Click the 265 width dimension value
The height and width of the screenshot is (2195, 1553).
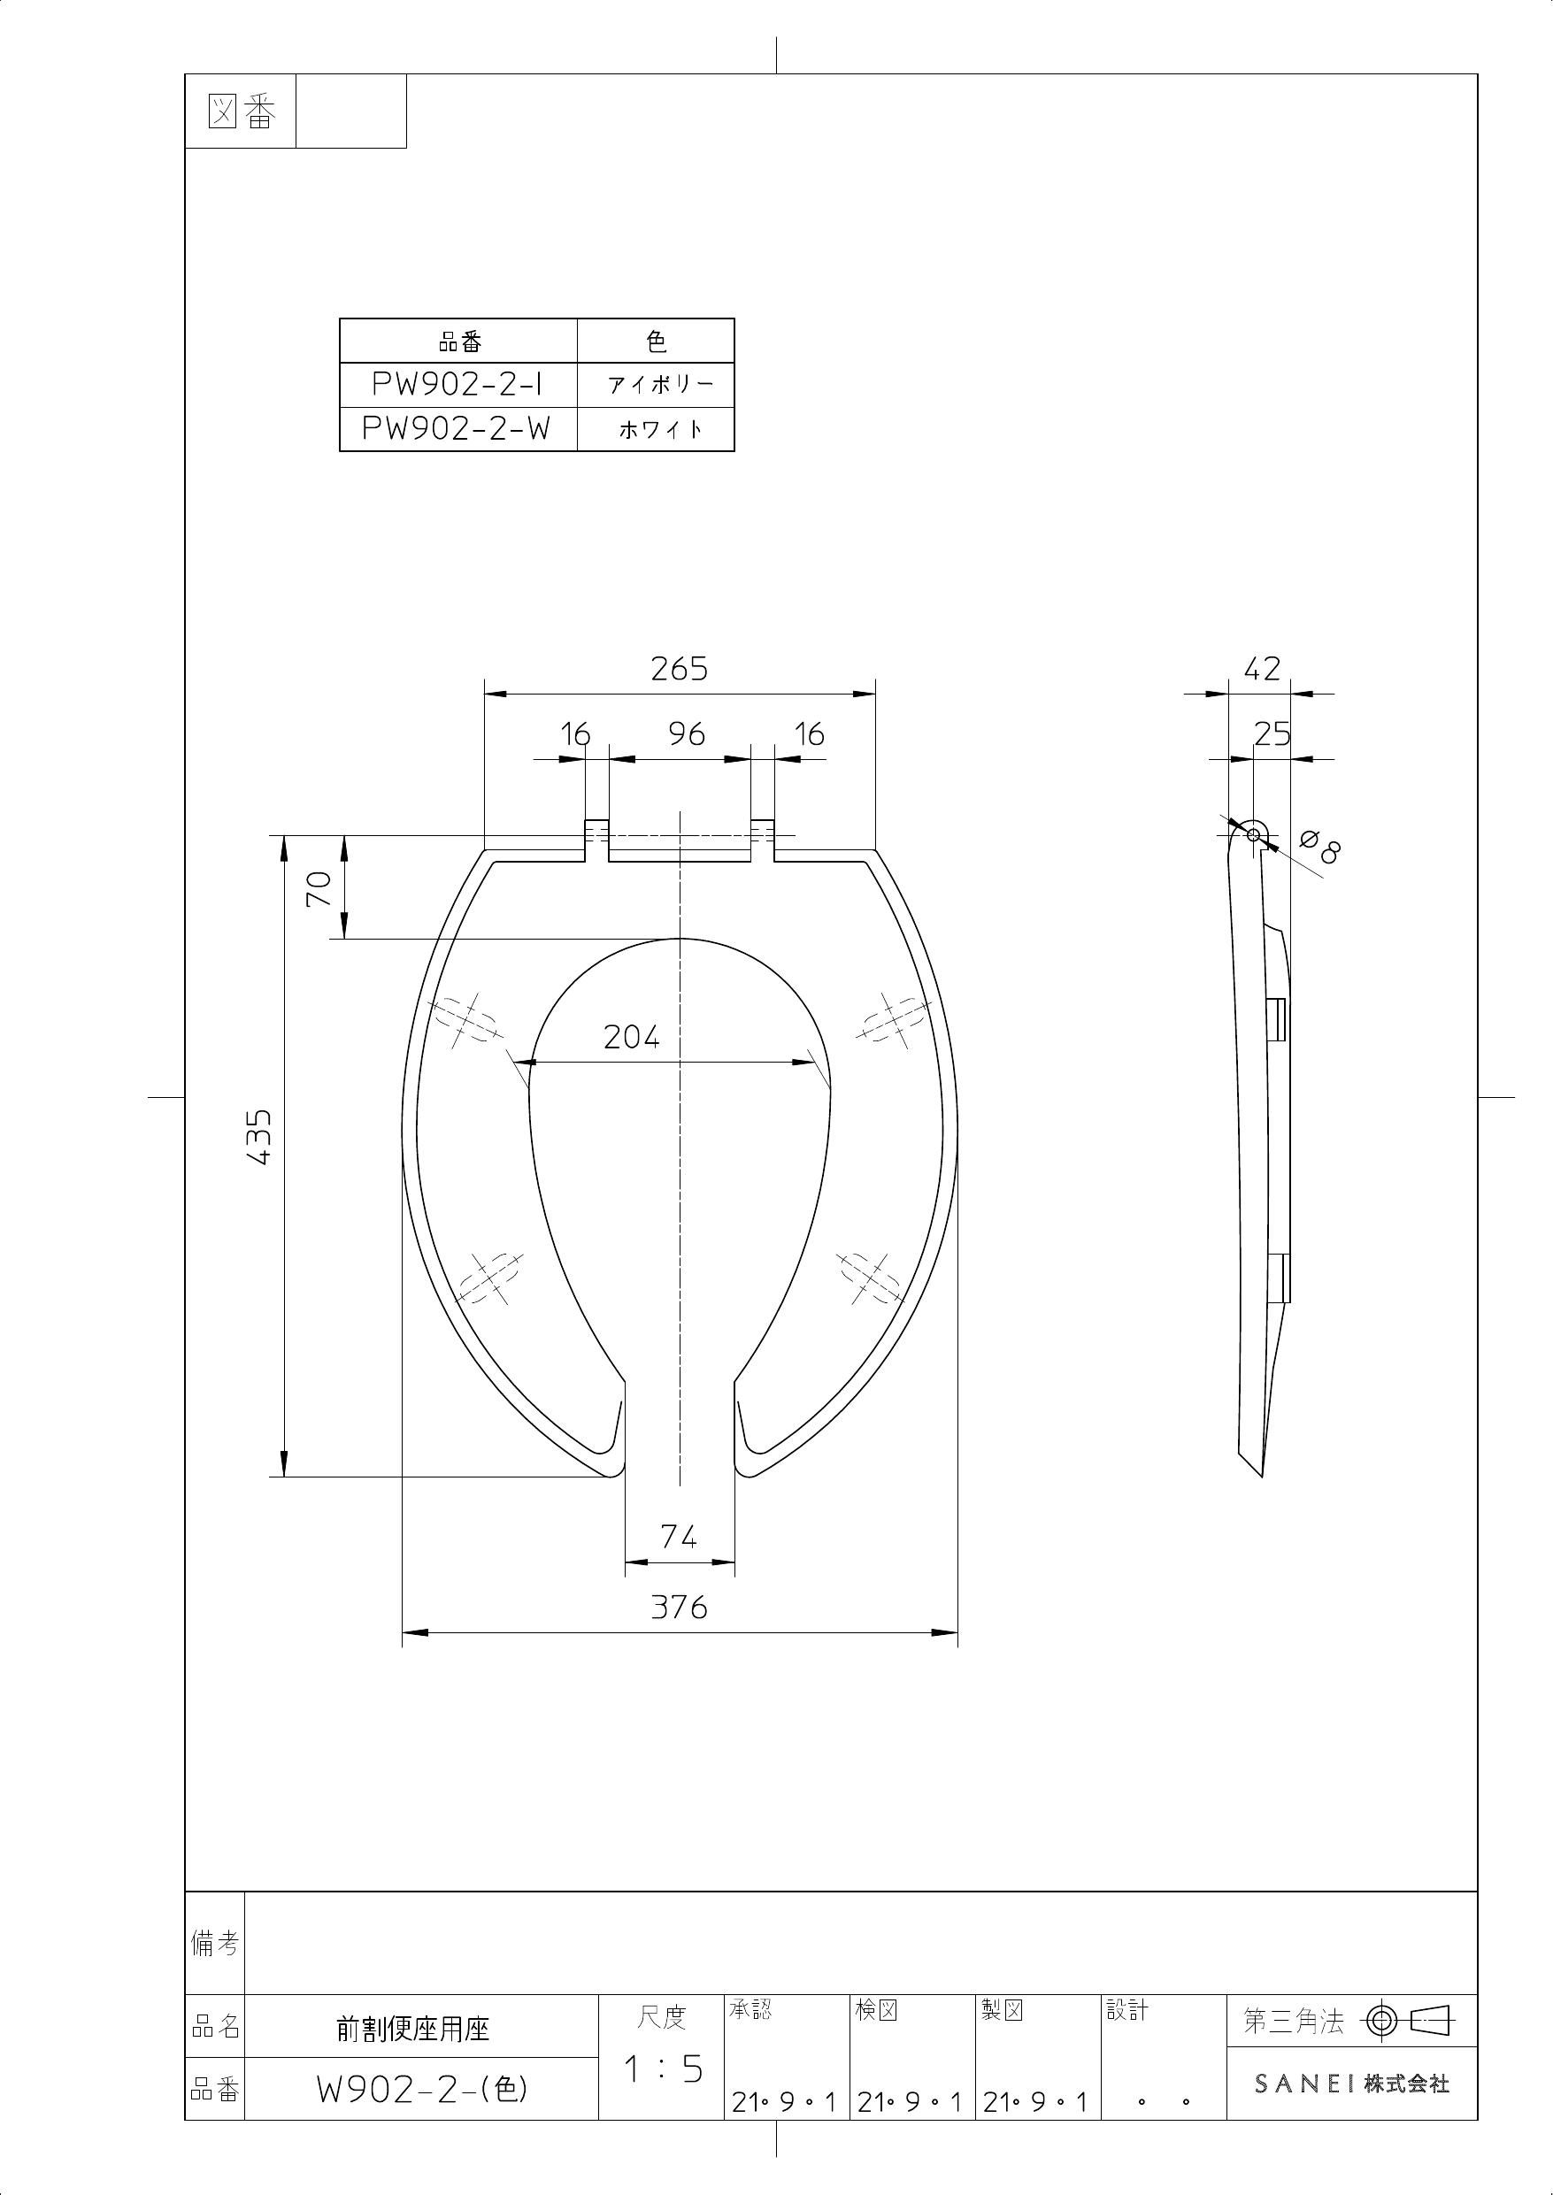click(x=679, y=669)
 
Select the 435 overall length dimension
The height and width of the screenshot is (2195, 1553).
click(x=260, y=1137)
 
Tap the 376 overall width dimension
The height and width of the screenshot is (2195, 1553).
click(x=679, y=1608)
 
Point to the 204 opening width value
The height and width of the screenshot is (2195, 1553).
click(x=631, y=1036)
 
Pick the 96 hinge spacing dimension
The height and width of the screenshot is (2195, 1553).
click(x=687, y=734)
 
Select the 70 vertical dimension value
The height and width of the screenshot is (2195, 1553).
click(x=319, y=889)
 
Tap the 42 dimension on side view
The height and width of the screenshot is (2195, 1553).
click(x=1261, y=669)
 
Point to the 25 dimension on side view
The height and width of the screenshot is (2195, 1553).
click(x=1272, y=734)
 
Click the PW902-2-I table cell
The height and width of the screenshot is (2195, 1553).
click(x=458, y=384)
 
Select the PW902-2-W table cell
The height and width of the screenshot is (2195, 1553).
click(x=458, y=428)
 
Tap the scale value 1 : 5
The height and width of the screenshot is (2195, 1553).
click(x=663, y=2069)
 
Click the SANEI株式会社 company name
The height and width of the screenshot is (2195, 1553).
click(x=1351, y=2084)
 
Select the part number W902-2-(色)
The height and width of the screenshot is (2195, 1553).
click(x=422, y=2091)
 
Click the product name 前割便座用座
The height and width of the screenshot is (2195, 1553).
click(x=413, y=2029)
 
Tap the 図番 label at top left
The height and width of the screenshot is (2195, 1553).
click(x=241, y=114)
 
